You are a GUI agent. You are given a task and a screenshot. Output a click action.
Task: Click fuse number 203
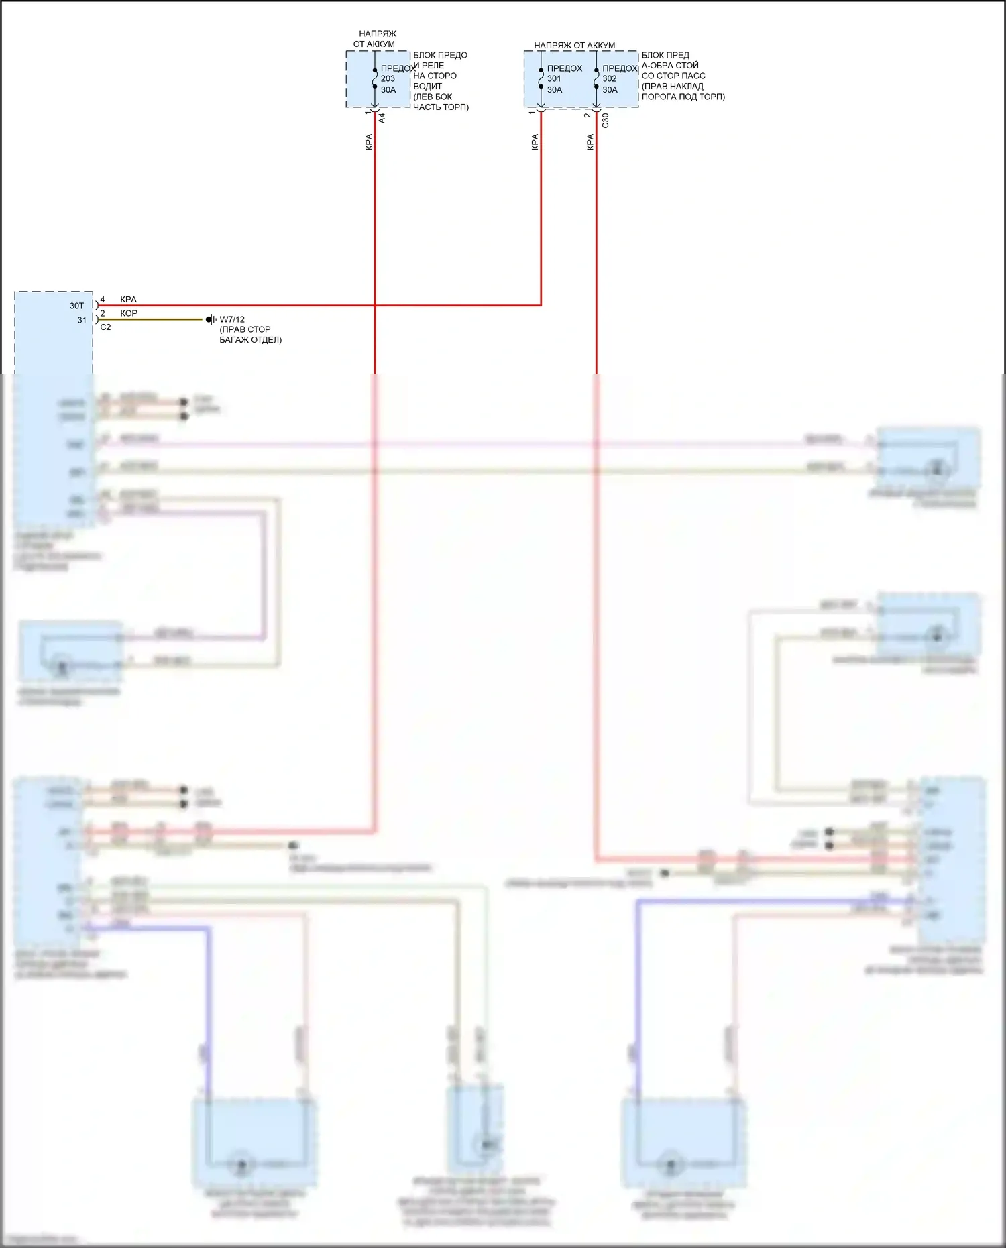click(x=388, y=78)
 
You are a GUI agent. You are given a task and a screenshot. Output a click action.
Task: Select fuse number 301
click(x=554, y=78)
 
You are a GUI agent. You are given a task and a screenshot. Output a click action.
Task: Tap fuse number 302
click(x=609, y=78)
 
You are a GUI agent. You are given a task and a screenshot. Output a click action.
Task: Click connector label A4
click(x=382, y=118)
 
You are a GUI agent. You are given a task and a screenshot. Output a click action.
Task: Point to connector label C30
click(x=605, y=120)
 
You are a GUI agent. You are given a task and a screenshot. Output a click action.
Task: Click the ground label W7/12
click(x=232, y=319)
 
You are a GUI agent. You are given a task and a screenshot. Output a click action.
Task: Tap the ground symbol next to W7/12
click(x=211, y=319)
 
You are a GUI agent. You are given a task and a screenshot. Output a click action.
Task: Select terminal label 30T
click(x=76, y=306)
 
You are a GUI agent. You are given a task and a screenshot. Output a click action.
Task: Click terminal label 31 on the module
click(x=82, y=320)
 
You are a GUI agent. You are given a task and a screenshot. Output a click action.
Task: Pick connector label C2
click(x=105, y=327)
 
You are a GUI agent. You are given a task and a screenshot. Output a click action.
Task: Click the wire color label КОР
click(x=129, y=313)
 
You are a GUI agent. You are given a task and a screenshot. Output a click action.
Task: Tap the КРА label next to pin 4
click(x=128, y=300)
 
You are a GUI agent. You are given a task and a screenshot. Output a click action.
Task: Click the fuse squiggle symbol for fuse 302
click(x=596, y=78)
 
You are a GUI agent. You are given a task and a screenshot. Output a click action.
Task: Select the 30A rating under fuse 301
click(x=555, y=90)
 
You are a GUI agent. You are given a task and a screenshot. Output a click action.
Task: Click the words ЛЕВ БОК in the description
click(x=433, y=97)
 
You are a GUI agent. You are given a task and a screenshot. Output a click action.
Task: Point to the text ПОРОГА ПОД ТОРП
click(x=683, y=97)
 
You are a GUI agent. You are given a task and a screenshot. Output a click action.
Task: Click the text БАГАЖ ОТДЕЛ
click(x=250, y=340)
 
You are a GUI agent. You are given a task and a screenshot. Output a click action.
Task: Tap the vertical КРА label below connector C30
click(x=590, y=141)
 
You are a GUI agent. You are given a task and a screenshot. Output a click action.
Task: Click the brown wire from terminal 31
click(x=154, y=319)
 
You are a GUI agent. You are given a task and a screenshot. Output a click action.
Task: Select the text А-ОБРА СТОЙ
click(x=670, y=66)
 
